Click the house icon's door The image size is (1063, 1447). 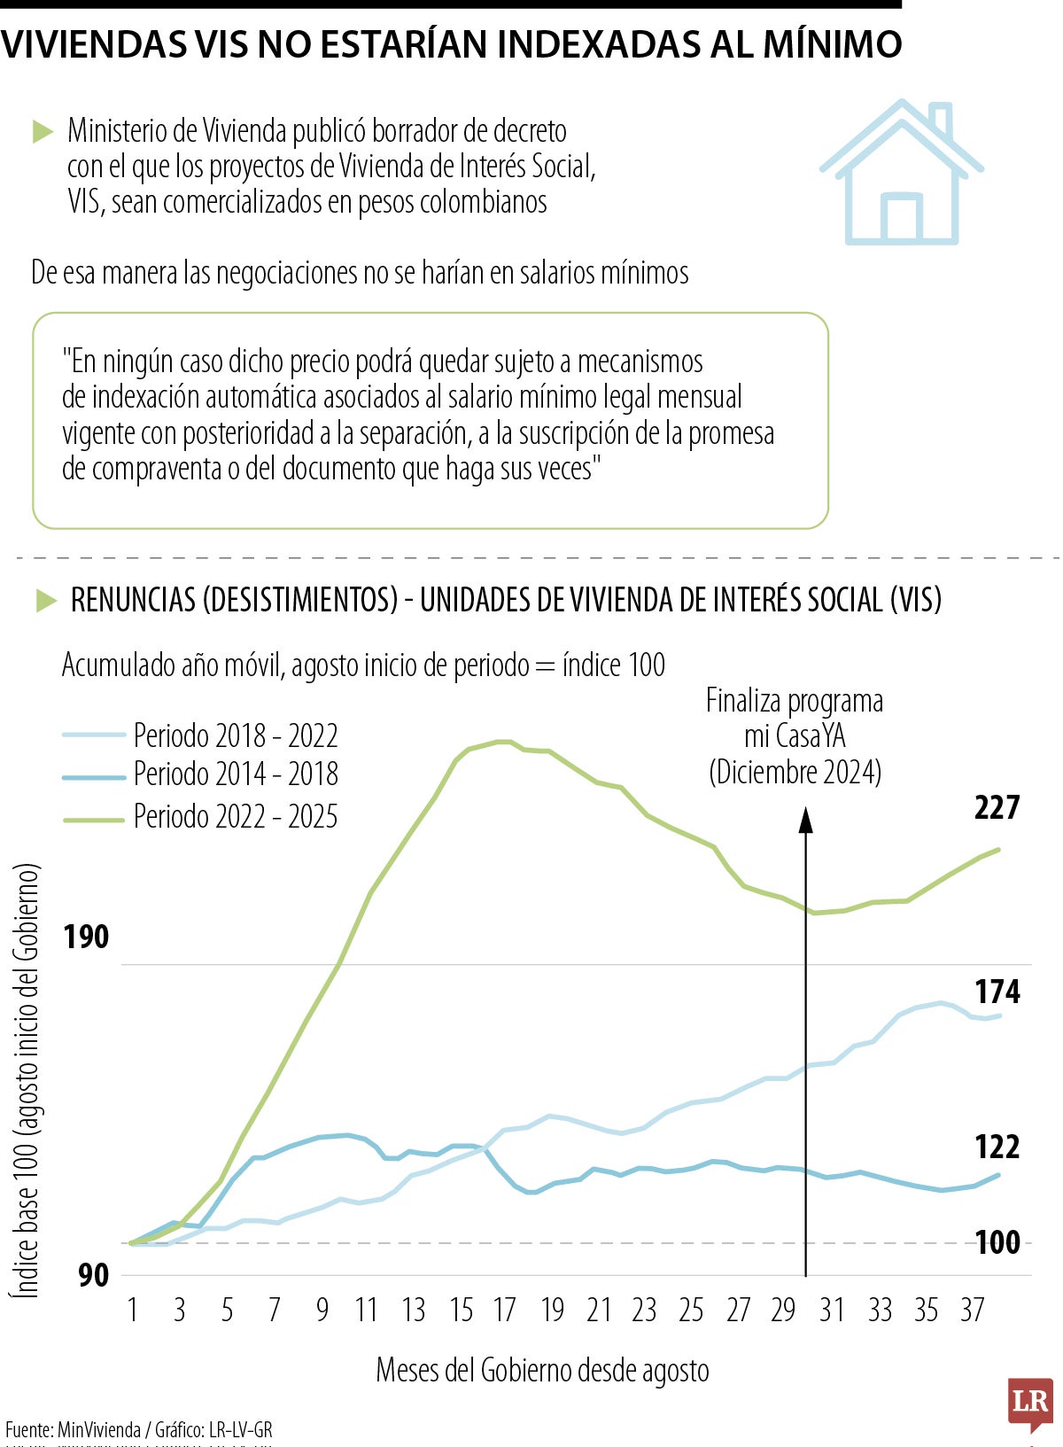coord(902,218)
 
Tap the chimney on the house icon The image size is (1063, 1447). coord(942,122)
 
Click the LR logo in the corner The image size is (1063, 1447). coord(1029,1403)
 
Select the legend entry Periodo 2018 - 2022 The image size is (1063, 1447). coord(236,735)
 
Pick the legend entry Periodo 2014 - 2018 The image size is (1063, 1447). coord(236,774)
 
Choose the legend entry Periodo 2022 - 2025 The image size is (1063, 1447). coord(236,816)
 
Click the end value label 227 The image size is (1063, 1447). coord(997,807)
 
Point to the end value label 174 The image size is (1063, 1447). coord(997,992)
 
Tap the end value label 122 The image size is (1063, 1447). coord(997,1147)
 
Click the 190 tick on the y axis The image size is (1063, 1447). coord(86,937)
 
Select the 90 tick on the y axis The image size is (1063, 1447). coord(93,1275)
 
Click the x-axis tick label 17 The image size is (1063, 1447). coord(504,1310)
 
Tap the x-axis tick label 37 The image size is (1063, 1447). coord(973,1310)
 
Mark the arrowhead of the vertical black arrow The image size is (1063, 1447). coord(805,821)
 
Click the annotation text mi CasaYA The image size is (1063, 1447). coord(795,736)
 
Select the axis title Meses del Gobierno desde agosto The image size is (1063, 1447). coord(542,1370)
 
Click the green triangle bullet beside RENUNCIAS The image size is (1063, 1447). coord(45,601)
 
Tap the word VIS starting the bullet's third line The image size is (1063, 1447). coord(85,202)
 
